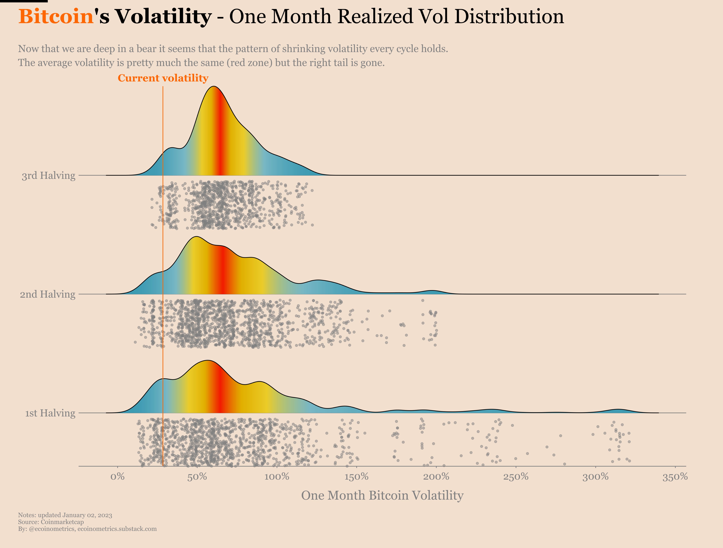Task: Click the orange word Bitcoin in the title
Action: (x=56, y=16)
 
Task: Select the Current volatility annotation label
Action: (x=163, y=78)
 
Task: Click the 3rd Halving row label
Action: (x=48, y=176)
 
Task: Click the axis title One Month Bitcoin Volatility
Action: (x=382, y=495)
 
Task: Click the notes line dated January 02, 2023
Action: (x=65, y=515)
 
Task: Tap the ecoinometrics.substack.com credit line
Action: (x=87, y=529)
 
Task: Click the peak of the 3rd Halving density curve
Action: (x=213, y=87)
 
